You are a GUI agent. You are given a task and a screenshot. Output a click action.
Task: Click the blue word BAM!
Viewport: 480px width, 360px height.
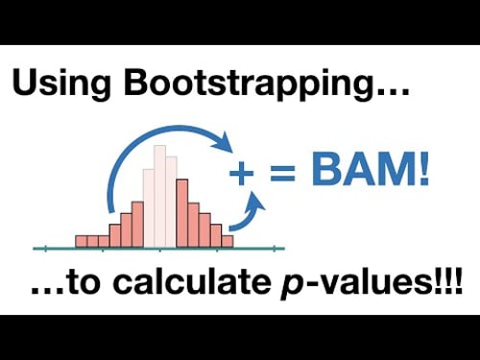click(x=364, y=174)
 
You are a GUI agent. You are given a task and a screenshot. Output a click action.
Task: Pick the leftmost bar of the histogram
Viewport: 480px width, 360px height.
click(x=81, y=241)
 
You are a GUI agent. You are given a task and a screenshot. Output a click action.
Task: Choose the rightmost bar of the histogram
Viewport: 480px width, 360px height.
click(x=228, y=241)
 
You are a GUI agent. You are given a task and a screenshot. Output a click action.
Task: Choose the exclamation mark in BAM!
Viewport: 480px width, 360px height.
click(x=421, y=174)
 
